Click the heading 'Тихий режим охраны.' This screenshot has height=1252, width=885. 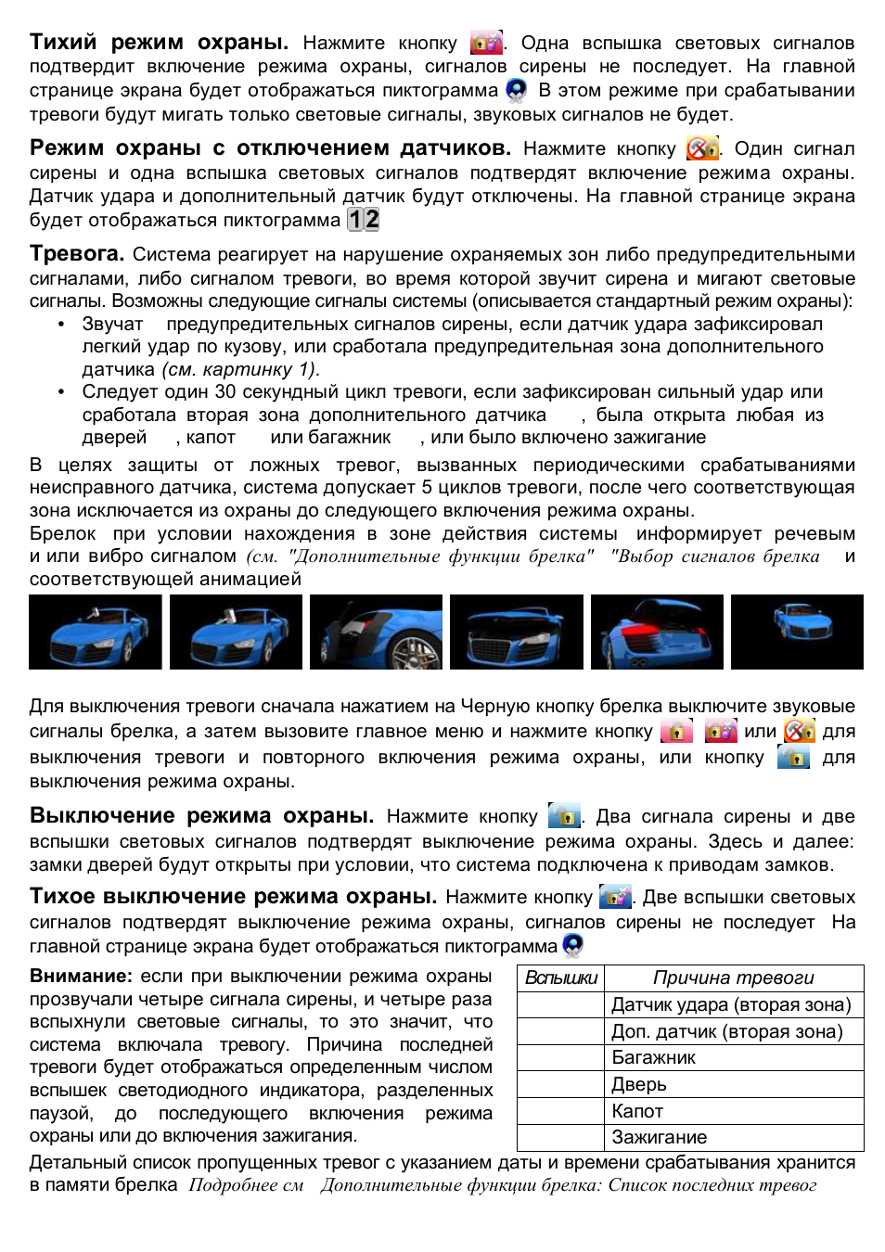pos(159,42)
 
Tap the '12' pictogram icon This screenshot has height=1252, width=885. pos(363,220)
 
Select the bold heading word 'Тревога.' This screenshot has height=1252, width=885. pos(77,254)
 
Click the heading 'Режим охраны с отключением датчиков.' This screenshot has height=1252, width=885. pos(270,148)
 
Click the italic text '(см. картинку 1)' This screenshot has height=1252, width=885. pos(240,369)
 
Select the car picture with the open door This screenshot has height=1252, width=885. pos(377,632)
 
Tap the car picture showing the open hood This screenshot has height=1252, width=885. pos(517,632)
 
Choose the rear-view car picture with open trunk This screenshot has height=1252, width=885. pos(657,632)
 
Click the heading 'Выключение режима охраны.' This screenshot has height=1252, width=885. pos(201,816)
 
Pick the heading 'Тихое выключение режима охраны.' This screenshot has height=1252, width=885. pos(233,897)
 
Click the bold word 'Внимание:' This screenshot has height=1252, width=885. pos(82,977)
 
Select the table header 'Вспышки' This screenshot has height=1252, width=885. pos(561,978)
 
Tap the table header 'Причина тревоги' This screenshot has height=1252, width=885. pos(733,978)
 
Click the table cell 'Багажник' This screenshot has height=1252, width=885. pos(653,1058)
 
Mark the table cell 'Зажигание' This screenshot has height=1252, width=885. pos(659,1138)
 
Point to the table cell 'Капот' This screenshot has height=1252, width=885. pos(636,1111)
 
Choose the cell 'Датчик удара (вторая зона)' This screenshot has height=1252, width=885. pos(731,1005)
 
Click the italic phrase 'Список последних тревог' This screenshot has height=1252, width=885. pos(712,1185)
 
